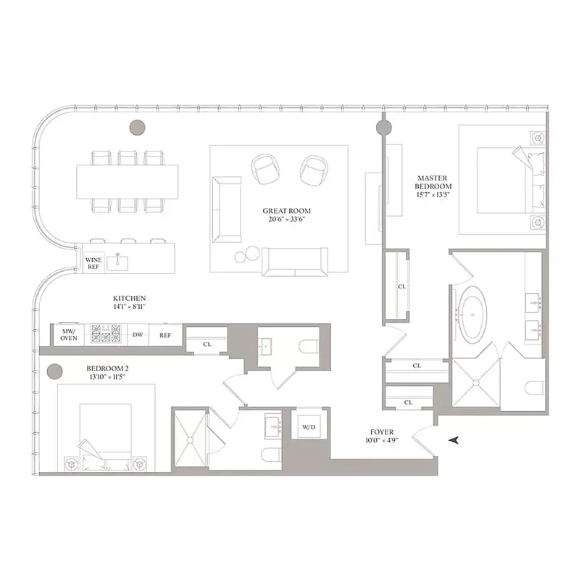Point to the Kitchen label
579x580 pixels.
(x=130, y=302)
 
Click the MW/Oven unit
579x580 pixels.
(x=68, y=334)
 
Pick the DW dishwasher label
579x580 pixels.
(x=138, y=335)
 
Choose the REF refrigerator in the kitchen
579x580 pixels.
(x=165, y=335)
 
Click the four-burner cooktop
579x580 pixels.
(x=104, y=334)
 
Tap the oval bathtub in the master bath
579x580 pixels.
(x=471, y=315)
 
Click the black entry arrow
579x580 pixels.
(x=454, y=440)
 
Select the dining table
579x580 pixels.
(x=128, y=181)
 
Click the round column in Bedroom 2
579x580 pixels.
(x=53, y=373)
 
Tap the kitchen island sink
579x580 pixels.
(x=116, y=261)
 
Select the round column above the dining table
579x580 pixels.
(x=137, y=127)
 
